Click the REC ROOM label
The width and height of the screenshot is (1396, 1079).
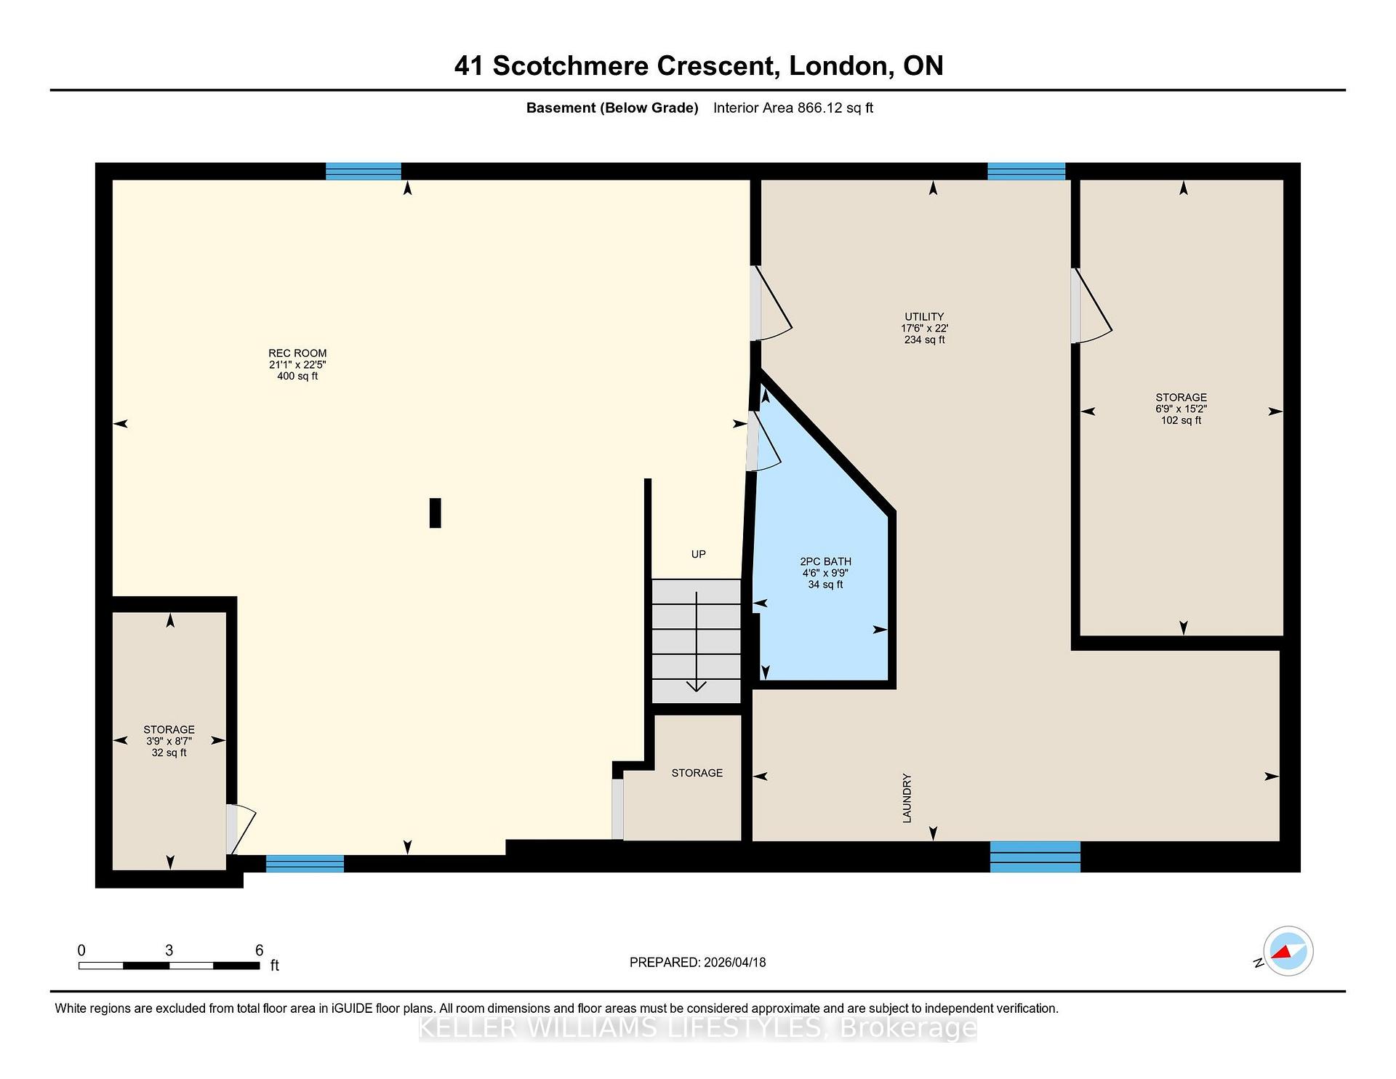click(x=297, y=353)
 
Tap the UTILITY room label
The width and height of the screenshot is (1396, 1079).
click(x=924, y=317)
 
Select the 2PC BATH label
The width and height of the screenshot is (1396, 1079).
click(x=825, y=561)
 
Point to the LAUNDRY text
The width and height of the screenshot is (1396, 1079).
click(x=907, y=798)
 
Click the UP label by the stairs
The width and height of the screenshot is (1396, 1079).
click(x=698, y=554)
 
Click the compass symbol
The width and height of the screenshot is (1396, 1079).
click(x=1288, y=951)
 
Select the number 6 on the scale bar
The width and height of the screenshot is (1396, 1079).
click(x=259, y=950)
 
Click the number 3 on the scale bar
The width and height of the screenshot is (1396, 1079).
click(x=169, y=950)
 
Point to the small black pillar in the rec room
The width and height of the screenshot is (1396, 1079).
click(x=435, y=513)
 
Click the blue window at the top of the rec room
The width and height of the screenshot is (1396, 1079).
click(x=364, y=172)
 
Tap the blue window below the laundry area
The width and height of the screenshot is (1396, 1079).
click(x=1035, y=857)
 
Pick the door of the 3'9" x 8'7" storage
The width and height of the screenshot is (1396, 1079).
click(x=241, y=829)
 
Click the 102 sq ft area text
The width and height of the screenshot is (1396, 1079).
click(x=1181, y=420)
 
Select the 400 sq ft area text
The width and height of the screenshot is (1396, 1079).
click(x=297, y=376)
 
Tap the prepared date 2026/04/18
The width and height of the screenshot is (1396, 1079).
click(x=734, y=962)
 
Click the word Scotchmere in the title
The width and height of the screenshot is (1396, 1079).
click(x=571, y=66)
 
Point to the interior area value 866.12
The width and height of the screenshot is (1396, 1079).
click(x=819, y=108)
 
